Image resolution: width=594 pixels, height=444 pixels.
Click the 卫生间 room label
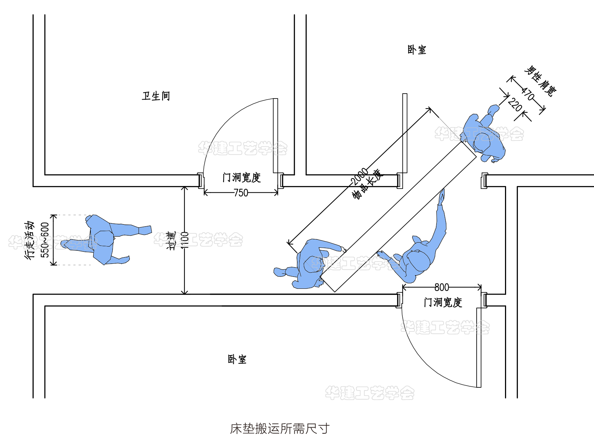(x=156, y=96)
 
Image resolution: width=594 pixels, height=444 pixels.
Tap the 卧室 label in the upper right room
(x=417, y=50)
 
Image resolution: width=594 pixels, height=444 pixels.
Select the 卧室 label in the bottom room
(x=237, y=359)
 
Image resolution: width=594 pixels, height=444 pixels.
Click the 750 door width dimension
(x=241, y=193)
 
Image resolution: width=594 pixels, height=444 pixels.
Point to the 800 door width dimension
(x=441, y=287)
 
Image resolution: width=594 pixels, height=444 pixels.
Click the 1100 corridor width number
(x=184, y=240)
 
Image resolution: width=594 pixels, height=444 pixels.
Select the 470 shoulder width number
(x=528, y=94)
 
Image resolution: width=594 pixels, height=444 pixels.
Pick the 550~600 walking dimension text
(x=45, y=240)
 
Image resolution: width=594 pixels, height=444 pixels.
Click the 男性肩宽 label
(x=540, y=81)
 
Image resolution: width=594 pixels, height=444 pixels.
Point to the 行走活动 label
(x=30, y=240)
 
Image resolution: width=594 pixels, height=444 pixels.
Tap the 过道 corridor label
(x=172, y=240)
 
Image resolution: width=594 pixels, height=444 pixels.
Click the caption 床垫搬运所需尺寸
(x=280, y=429)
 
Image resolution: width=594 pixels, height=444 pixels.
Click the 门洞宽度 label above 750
(x=242, y=178)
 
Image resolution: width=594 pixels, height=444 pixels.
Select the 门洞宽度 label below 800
(x=443, y=302)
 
